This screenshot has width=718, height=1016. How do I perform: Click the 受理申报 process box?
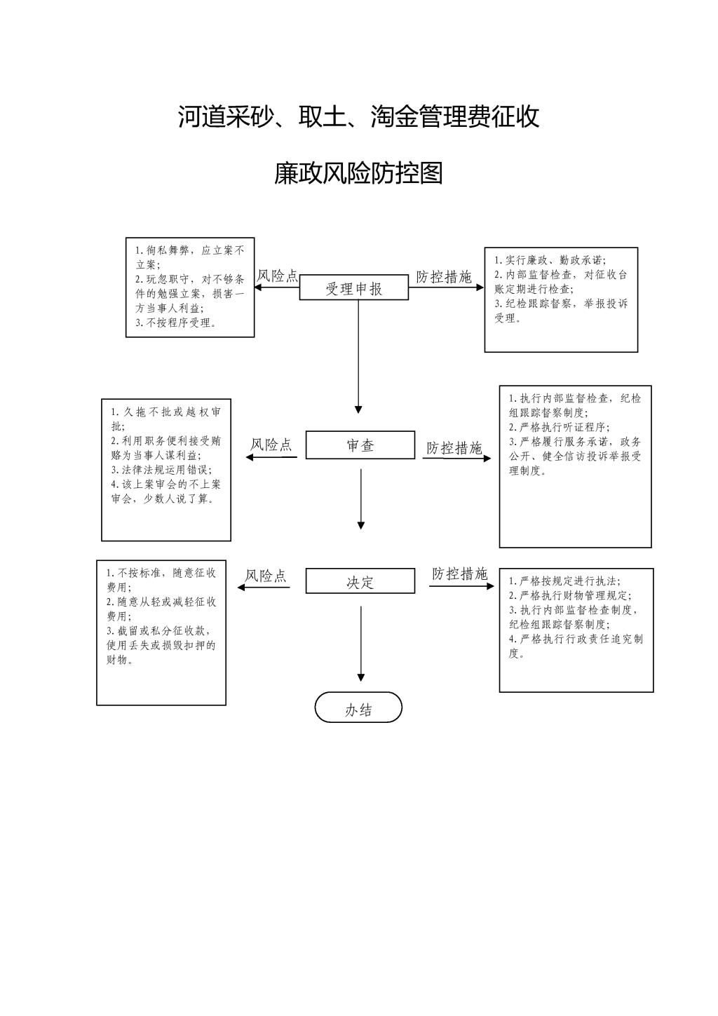[x=354, y=287]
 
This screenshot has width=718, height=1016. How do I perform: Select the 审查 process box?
[x=360, y=445]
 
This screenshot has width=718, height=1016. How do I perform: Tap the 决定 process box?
[x=360, y=581]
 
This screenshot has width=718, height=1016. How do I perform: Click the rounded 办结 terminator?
[x=358, y=707]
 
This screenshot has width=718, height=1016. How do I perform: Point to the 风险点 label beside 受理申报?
[x=278, y=276]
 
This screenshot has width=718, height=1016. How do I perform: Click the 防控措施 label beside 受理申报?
[x=444, y=277]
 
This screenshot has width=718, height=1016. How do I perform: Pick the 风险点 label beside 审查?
[x=271, y=445]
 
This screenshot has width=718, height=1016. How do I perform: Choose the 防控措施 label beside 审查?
[x=454, y=448]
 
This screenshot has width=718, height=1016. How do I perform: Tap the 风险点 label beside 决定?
[x=266, y=576]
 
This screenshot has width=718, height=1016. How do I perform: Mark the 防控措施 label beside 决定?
[x=459, y=574]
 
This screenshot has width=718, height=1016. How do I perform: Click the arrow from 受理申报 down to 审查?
[x=358, y=356]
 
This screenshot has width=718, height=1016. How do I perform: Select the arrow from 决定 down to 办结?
[x=361, y=644]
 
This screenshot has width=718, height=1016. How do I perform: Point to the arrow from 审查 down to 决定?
[x=361, y=499]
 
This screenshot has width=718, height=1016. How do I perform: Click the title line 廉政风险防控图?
[x=358, y=173]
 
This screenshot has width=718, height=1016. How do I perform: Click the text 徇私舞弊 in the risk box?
[x=168, y=250]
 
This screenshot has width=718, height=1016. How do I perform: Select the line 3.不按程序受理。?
[x=176, y=323]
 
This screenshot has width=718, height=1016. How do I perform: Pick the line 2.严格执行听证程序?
[x=560, y=427]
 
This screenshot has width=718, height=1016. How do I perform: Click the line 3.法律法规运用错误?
[x=162, y=470]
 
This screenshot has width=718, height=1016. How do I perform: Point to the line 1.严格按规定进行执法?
[x=564, y=581]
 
